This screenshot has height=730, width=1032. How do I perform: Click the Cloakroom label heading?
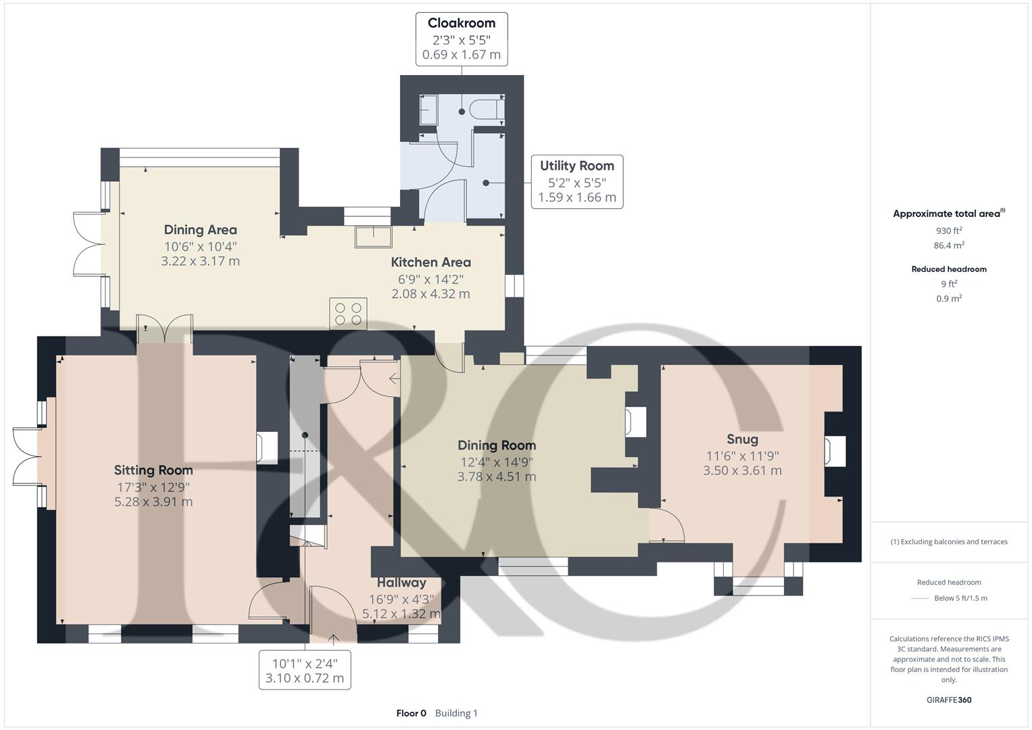pyautogui.click(x=461, y=23)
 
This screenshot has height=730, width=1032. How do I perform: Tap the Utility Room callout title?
pyautogui.click(x=576, y=166)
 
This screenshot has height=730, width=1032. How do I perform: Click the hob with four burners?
pyautogui.click(x=348, y=314)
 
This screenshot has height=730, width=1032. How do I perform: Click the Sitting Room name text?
pyautogui.click(x=153, y=470)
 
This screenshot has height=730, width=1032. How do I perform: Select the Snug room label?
pyautogui.click(x=742, y=439)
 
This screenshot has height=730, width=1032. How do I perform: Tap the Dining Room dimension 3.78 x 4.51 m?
pyautogui.click(x=496, y=477)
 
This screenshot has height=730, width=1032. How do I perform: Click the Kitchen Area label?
pyautogui.click(x=431, y=262)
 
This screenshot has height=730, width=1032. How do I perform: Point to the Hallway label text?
pyautogui.click(x=401, y=583)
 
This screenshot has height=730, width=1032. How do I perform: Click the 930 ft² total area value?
pyautogui.click(x=948, y=230)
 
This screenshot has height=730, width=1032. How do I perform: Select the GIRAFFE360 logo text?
pyautogui.click(x=949, y=700)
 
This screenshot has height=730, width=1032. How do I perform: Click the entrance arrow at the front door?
pyautogui.click(x=333, y=639)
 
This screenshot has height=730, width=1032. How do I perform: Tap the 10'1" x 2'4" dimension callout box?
pyautogui.click(x=305, y=671)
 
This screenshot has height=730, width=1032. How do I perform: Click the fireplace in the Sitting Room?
pyautogui.click(x=266, y=447)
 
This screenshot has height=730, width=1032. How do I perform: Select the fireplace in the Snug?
pyautogui.click(x=834, y=451)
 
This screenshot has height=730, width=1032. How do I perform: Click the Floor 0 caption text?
pyautogui.click(x=411, y=713)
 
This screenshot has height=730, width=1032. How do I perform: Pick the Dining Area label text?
pyautogui.click(x=200, y=230)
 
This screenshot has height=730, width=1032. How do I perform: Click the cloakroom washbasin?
pyautogui.click(x=428, y=109)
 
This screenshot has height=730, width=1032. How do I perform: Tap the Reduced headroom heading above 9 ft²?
pyautogui.click(x=948, y=269)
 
